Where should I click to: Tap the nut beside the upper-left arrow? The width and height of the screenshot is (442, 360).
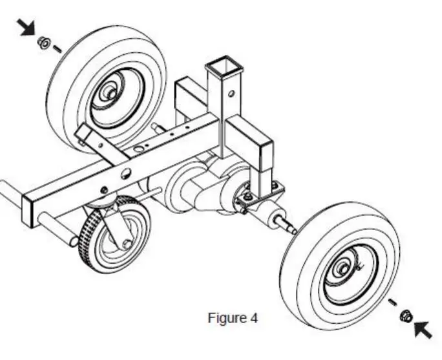click(x=43, y=43)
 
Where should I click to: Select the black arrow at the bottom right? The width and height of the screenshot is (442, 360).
click(x=423, y=328)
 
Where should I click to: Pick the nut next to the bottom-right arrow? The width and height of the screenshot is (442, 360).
click(x=407, y=315)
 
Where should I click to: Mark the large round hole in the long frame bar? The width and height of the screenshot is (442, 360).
click(x=126, y=173)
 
